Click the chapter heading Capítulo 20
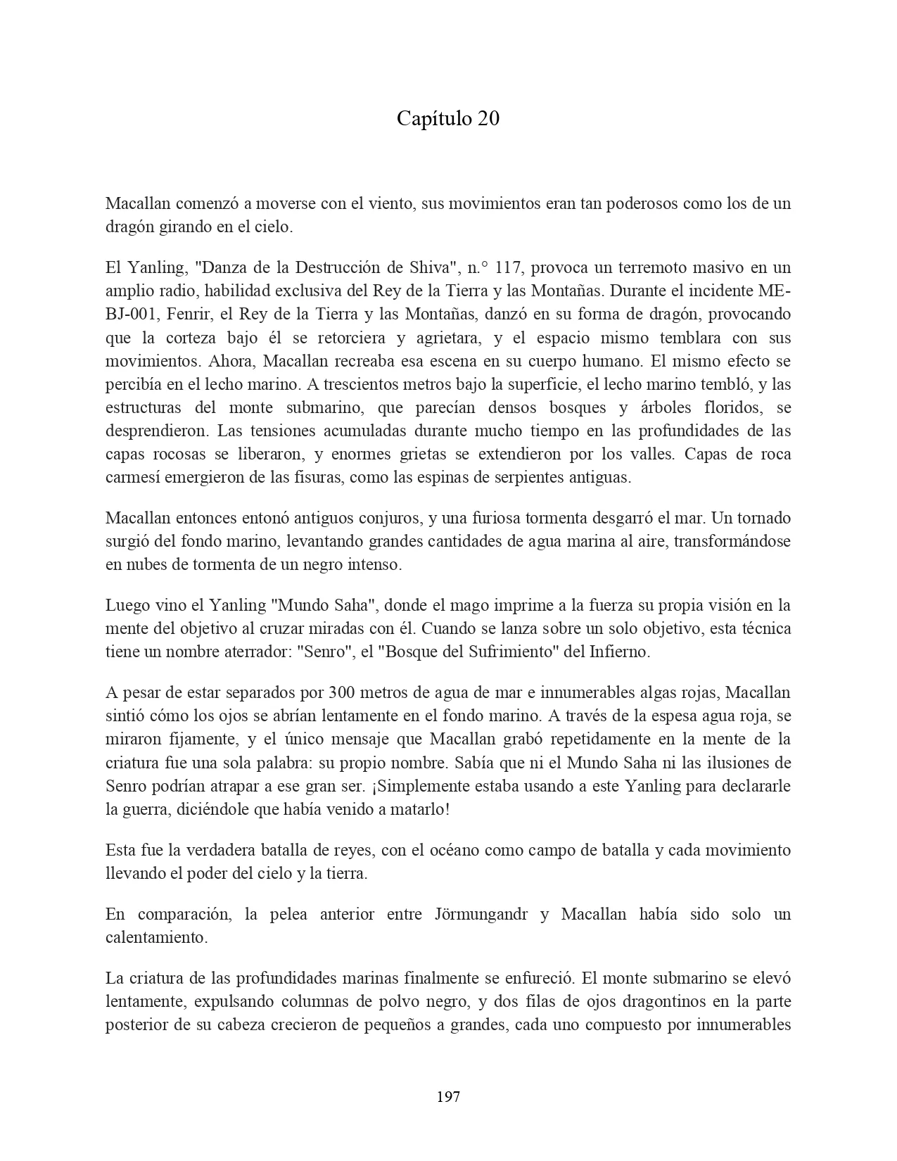448,119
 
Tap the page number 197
448,1096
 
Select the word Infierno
618,652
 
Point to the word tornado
761,518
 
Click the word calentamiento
156,937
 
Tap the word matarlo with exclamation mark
421,809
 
